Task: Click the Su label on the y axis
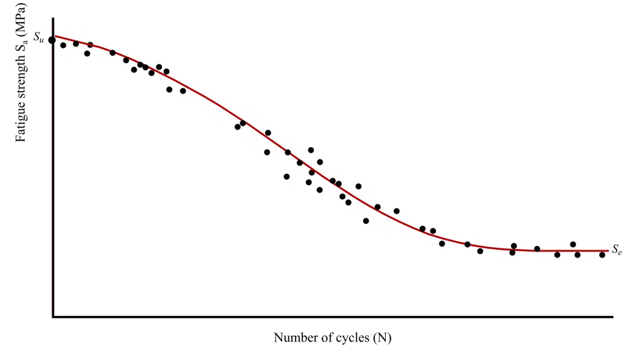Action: [38, 37]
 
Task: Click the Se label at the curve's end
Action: [617, 250]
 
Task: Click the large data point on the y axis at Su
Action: [52, 40]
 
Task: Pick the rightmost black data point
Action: [602, 255]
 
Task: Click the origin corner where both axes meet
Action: [53, 316]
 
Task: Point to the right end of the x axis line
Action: [612, 316]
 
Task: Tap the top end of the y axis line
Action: [53, 18]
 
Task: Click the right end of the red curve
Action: [608, 251]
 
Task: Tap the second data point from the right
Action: [577, 255]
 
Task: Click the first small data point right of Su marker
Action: [63, 45]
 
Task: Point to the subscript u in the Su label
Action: [41, 39]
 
